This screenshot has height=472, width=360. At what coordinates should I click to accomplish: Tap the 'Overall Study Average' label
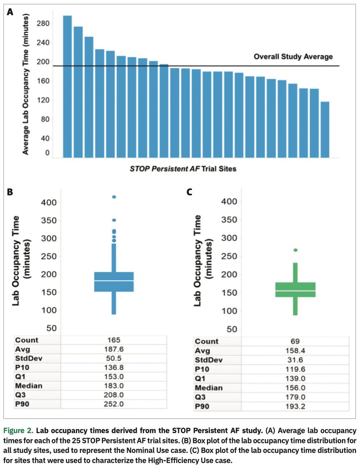tap(293, 57)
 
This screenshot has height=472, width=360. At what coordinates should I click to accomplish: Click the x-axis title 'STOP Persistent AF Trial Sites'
tap(183, 169)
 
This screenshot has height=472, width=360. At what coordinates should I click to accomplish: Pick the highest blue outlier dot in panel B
tap(114, 197)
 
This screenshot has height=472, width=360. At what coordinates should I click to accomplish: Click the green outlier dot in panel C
tap(295, 250)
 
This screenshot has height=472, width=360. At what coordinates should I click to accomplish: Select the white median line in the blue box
tap(114, 281)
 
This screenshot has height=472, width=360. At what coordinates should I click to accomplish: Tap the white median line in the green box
tap(295, 291)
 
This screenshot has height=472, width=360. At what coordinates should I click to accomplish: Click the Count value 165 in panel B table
tap(114, 340)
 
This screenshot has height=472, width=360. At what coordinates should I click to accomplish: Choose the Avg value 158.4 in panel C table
tap(295, 351)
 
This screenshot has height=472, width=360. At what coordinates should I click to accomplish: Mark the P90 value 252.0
tap(114, 404)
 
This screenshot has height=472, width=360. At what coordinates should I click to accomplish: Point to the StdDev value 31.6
tap(295, 360)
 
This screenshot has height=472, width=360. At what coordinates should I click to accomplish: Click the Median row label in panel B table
tap(29, 386)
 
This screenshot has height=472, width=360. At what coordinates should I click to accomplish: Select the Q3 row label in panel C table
tap(200, 397)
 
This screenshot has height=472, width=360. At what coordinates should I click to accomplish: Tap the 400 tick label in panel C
tap(229, 202)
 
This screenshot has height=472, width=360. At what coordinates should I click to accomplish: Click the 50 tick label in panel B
tap(51, 328)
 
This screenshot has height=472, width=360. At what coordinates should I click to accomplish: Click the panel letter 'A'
tap(10, 12)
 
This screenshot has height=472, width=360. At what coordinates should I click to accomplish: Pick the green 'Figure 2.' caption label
tap(18, 431)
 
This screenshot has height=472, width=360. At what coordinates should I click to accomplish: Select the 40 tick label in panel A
tap(45, 138)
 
